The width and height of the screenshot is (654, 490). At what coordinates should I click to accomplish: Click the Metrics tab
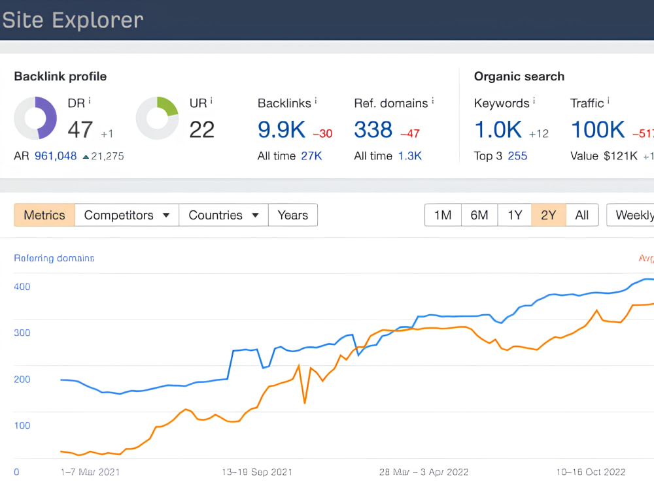coord(44,215)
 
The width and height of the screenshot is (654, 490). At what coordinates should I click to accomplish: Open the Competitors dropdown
coord(127,215)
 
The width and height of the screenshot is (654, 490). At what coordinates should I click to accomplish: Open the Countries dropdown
coord(224,215)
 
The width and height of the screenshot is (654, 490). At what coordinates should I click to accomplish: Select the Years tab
coord(293,215)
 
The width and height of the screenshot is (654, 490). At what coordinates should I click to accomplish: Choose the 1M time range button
coord(443,215)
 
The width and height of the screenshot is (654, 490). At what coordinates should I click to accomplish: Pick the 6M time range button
coord(479,215)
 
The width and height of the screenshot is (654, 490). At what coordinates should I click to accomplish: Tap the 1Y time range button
coord(515,215)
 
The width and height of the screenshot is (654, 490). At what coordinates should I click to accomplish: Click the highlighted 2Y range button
coord(549,215)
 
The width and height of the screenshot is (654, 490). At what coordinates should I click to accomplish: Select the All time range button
coord(582,215)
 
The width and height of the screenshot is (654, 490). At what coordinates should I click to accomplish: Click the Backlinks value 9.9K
coord(281,129)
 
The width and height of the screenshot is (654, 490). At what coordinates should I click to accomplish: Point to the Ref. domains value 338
coord(373,129)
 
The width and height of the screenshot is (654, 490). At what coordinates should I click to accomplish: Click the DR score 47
coord(80,129)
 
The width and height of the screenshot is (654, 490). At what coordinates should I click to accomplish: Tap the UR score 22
coord(202,129)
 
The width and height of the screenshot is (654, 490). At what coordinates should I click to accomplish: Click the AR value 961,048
coord(56,156)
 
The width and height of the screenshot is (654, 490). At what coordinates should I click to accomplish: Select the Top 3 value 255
coord(517,156)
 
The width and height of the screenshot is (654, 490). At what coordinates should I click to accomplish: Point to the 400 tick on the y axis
coord(22,287)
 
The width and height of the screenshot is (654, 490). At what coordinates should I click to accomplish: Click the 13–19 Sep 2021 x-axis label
coord(257,472)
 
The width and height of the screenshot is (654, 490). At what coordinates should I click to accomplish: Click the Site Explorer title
coord(73,20)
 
